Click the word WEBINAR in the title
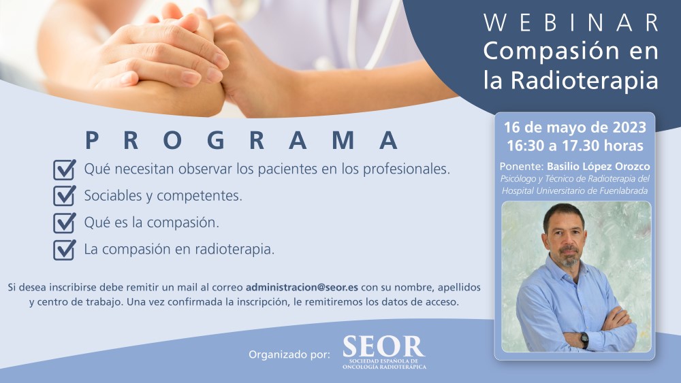coord(571,22)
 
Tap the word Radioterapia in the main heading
coord(584,80)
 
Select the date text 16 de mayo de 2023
coord(575,127)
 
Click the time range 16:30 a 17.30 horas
coord(575,146)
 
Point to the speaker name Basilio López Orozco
coord(599,166)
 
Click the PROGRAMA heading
coord(242,140)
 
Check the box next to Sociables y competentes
coord(64,196)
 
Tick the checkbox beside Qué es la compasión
coord(64,223)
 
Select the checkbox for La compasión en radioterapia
coord(64,250)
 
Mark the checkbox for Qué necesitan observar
coord(64,169)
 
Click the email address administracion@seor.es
coord(302,287)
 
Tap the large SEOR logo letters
coord(384,346)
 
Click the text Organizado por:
coord(289,354)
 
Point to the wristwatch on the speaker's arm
coord(584,339)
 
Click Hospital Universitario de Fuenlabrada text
coord(575,191)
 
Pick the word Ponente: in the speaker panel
coord(522,166)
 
